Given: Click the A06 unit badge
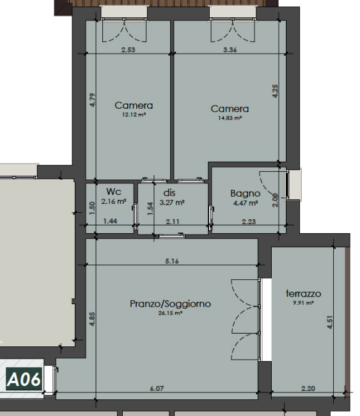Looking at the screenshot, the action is [x=24, y=378].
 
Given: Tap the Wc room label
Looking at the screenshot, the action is [x=114, y=191].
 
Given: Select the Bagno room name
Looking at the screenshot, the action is [x=245, y=194].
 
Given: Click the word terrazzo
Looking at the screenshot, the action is [x=304, y=293].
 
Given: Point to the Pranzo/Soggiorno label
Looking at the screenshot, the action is [x=171, y=304].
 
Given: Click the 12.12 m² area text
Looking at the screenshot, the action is [x=134, y=114].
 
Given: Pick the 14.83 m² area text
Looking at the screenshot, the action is [x=230, y=118].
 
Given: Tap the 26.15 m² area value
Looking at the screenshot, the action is [x=170, y=312].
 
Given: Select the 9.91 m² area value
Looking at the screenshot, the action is [x=303, y=302].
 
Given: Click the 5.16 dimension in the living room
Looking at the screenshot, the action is [x=172, y=261].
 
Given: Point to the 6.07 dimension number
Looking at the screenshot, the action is [x=157, y=389].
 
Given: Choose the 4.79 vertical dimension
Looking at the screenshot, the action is [x=92, y=100].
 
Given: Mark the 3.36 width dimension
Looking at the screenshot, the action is [x=230, y=50].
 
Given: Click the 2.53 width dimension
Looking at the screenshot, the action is [x=129, y=50].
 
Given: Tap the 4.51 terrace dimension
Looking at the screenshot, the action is [x=329, y=322].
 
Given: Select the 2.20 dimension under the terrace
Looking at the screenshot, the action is [x=308, y=389].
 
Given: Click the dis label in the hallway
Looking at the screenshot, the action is [x=169, y=192].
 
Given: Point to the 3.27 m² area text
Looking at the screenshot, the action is [x=172, y=203].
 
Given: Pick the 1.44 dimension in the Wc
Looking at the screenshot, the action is [x=110, y=220].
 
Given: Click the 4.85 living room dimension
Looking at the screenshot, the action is [x=92, y=319].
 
